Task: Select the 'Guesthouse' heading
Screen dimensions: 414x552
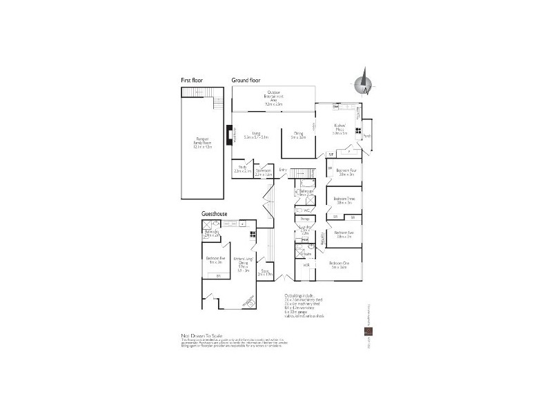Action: pyautogui.click(x=215, y=215)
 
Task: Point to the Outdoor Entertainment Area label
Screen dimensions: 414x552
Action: pyautogui.click(x=274, y=98)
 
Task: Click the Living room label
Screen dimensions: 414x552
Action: pyautogui.click(x=256, y=135)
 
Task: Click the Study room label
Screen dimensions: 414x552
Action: pyautogui.click(x=242, y=168)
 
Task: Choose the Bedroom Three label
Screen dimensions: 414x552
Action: pyautogui.click(x=344, y=201)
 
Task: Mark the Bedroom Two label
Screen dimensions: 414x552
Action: pyautogui.click(x=344, y=234)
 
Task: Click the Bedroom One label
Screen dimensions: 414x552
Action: pyautogui.click(x=339, y=264)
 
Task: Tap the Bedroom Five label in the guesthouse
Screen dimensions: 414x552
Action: pyautogui.click(x=215, y=259)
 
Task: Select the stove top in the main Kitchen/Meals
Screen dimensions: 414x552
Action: pyautogui.click(x=357, y=129)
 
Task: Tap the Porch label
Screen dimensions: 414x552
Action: pyautogui.click(x=366, y=136)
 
